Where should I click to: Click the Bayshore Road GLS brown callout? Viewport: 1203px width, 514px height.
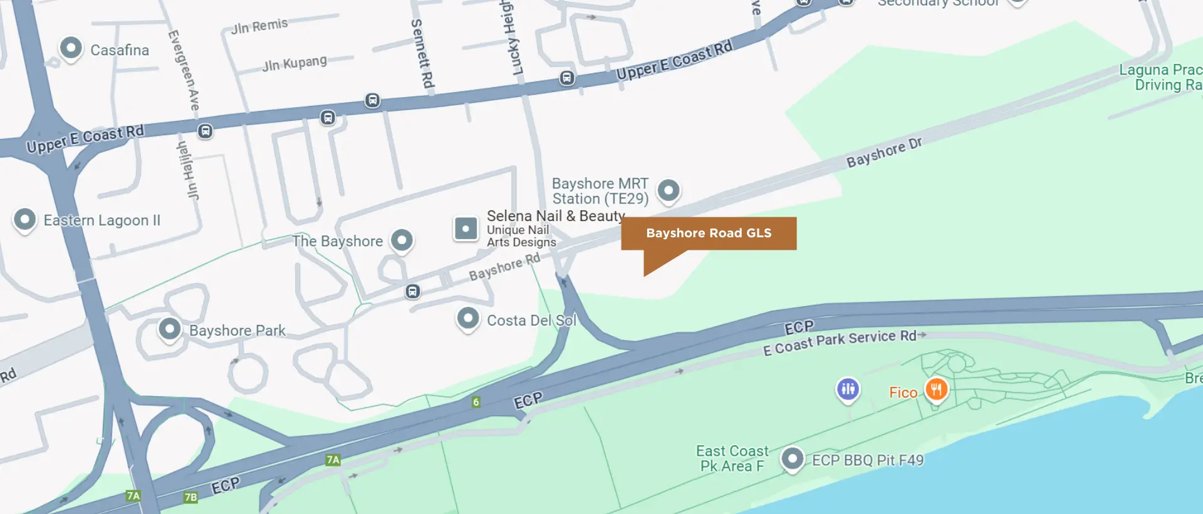(708, 234)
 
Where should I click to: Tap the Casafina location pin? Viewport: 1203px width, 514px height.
(71, 48)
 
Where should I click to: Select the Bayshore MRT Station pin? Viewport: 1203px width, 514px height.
(669, 190)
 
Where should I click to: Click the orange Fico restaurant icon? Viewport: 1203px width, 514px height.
(936, 390)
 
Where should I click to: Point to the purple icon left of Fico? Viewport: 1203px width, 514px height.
(848, 389)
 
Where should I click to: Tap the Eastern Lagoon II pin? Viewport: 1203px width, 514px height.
(24, 220)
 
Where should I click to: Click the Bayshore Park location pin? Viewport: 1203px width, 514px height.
(170, 329)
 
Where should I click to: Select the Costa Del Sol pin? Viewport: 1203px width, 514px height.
(468, 319)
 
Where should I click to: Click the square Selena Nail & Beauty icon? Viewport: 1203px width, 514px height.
(466, 229)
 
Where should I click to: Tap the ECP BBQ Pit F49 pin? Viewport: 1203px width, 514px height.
(792, 459)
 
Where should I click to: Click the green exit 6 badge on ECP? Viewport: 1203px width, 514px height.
(476, 402)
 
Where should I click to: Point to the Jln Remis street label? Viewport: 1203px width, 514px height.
(259, 26)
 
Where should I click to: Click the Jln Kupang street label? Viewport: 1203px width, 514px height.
(294, 64)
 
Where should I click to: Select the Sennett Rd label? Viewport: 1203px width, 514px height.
(422, 53)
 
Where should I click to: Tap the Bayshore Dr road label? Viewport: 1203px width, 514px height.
(883, 153)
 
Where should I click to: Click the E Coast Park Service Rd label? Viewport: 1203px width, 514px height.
(840, 342)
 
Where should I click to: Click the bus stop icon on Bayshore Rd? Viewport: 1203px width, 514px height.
(412, 291)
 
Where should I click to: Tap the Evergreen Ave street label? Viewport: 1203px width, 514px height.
(184, 70)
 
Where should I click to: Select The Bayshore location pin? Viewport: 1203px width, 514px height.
(402, 240)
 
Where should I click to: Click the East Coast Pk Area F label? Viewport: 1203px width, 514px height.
(731, 458)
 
